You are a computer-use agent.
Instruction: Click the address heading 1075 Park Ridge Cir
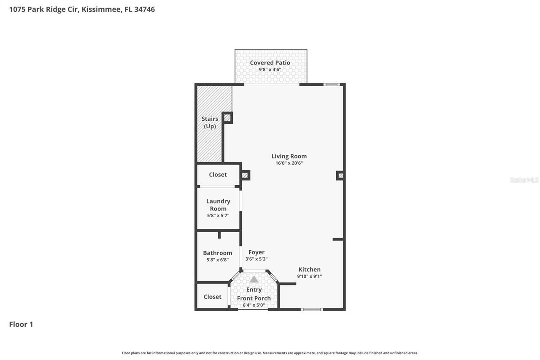(x=82, y=9)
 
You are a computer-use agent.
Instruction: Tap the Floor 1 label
(x=21, y=324)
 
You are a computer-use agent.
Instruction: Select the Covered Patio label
(x=270, y=62)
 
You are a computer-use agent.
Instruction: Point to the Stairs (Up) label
(x=210, y=122)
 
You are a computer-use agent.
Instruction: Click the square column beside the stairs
(x=227, y=118)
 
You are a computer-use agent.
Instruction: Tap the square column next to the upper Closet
(x=245, y=175)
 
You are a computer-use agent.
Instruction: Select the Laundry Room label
(x=218, y=205)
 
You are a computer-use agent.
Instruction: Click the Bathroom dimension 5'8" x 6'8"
(x=218, y=260)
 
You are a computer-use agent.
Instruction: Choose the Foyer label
(x=256, y=252)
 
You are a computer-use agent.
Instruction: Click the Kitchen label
(x=310, y=269)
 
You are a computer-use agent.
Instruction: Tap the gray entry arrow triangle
(x=254, y=279)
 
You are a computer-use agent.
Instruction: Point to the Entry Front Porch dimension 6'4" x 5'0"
(x=254, y=305)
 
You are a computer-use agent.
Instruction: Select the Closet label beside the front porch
(x=213, y=297)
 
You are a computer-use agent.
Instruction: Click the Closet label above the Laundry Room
(x=218, y=174)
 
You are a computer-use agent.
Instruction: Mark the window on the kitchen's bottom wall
(x=312, y=309)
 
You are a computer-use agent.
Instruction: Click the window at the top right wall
(x=332, y=84)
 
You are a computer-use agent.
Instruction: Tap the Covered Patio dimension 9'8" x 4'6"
(x=270, y=70)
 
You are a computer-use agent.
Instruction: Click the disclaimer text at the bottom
(x=270, y=353)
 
